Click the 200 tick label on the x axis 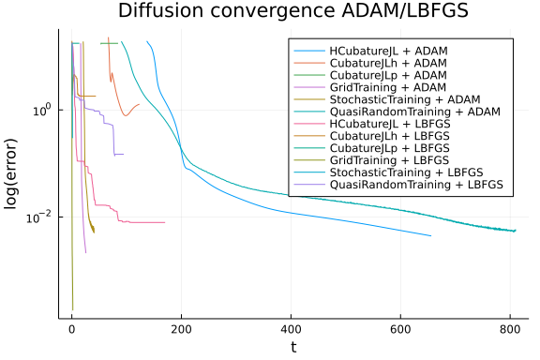coord(182,330)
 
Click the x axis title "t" coord(293,348)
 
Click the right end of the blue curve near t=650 coord(430,235)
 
